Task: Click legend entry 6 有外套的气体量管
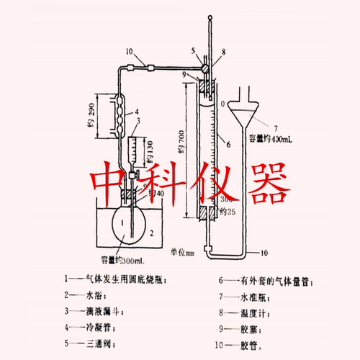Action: coord(264,281)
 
